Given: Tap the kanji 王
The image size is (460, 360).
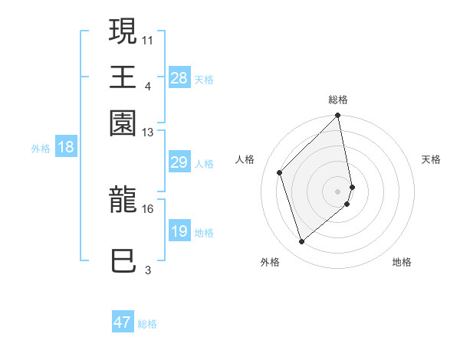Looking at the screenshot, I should (123, 77).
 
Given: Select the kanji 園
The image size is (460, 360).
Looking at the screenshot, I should (123, 122).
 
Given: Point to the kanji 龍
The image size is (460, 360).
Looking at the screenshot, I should (123, 201).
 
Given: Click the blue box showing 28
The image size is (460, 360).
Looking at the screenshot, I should (179, 78).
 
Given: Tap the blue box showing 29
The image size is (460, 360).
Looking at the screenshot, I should (179, 162).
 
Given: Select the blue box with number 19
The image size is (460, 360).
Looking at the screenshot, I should (179, 231).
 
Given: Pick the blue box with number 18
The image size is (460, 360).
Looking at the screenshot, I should (66, 148).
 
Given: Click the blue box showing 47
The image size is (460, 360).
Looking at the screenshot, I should (123, 322).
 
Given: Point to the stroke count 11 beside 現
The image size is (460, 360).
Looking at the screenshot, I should (148, 38).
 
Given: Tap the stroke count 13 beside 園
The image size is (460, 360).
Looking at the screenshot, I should (148, 133).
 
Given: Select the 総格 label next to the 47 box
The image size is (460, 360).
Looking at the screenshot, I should (147, 324).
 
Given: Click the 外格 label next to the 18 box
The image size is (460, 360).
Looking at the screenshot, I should (41, 149).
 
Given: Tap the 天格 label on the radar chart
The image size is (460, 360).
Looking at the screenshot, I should (431, 159).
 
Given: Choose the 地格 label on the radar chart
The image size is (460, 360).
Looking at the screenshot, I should (402, 262).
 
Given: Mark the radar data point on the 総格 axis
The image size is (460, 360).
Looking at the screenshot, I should (337, 116).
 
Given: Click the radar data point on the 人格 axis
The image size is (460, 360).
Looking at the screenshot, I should (280, 172).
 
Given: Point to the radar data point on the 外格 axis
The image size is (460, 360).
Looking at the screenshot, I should (302, 242).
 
